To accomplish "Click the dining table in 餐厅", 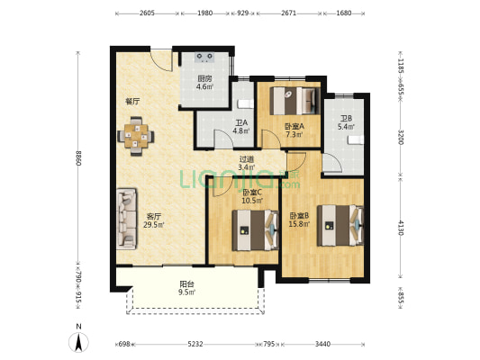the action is click(136, 136).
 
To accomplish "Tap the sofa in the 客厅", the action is click(126, 219).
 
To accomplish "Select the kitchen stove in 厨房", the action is click(204, 58).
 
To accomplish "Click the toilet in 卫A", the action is click(246, 104).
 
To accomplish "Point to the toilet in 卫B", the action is click(356, 139).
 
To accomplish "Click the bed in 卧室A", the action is click(294, 101).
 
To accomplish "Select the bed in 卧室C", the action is click(255, 230).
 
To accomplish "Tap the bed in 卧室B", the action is click(340, 226).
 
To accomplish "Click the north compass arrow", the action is click(79, 342).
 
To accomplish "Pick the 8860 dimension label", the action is click(78, 158).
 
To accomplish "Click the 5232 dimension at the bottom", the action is click(195, 344).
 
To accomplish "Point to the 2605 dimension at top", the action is click(147, 13).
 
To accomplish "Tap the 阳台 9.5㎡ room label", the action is click(187, 288).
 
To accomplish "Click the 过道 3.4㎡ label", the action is click(247, 163).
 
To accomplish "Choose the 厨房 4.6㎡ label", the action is click(204, 83).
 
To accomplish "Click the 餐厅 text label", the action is click(132, 101).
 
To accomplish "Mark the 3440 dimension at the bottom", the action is click(322, 344).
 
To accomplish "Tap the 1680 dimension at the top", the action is click(343, 13).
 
